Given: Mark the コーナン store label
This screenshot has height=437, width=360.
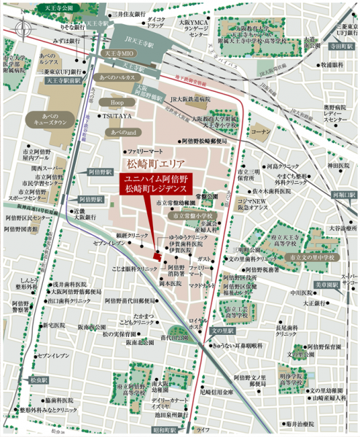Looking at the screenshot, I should point(259,130).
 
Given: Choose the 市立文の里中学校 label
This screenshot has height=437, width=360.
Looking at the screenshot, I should point(312,257).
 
